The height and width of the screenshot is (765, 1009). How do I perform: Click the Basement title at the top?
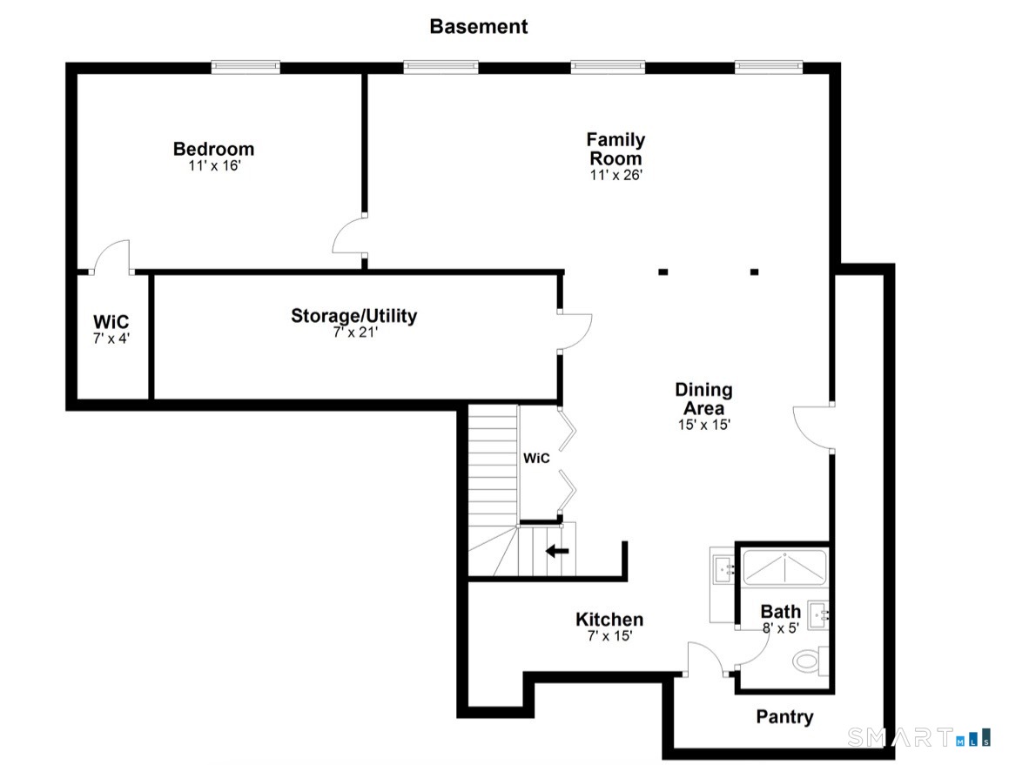[x=478, y=26]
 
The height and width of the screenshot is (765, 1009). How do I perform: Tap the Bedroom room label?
[x=213, y=149]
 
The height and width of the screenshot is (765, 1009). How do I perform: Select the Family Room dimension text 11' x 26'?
[x=615, y=174]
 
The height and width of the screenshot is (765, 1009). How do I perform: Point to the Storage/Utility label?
[x=354, y=315]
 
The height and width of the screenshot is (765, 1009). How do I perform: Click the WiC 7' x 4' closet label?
[x=111, y=329]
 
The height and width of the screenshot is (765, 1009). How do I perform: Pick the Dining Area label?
[x=703, y=399]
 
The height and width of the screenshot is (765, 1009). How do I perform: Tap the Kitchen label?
[x=609, y=619]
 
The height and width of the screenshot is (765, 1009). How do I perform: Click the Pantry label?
[x=784, y=717]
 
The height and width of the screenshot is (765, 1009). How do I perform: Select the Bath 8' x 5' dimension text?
[x=781, y=628]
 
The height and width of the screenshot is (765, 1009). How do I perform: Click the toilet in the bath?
[x=811, y=661]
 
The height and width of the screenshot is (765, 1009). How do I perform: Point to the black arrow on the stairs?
[x=557, y=552]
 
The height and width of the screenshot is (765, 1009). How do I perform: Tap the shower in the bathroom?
[x=784, y=567]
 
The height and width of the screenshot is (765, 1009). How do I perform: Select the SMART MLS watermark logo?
[x=919, y=737]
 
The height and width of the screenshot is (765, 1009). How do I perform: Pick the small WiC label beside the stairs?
[x=536, y=458]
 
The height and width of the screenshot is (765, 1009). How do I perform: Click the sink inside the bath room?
[x=818, y=615]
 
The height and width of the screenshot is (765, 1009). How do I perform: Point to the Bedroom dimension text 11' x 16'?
[x=214, y=165]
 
